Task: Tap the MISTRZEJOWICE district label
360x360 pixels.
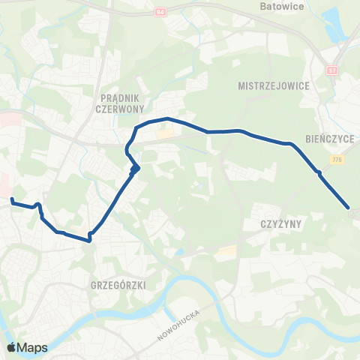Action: point(272,85)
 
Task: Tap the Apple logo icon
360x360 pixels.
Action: point(11,347)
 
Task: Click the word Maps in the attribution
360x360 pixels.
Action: point(32,347)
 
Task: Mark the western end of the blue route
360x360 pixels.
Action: point(12,199)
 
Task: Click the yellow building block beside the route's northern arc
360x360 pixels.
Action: point(163,135)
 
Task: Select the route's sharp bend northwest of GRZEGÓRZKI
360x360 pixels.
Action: point(90,238)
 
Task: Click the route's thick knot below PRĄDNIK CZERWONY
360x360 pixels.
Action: point(135,168)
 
